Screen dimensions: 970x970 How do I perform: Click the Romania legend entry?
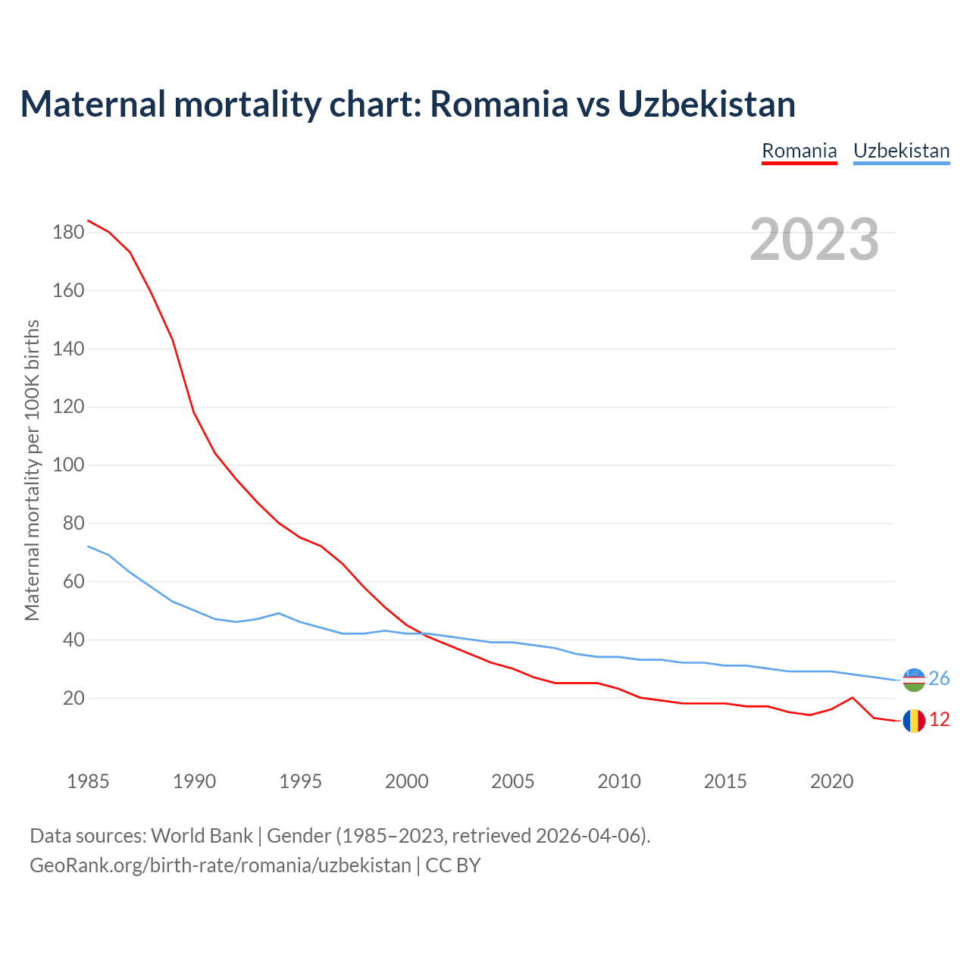[799, 151]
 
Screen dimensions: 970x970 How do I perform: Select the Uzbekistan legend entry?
[901, 151]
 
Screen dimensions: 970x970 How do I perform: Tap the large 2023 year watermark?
[815, 239]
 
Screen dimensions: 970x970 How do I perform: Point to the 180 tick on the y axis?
[68, 233]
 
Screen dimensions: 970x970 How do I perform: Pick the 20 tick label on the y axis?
[74, 698]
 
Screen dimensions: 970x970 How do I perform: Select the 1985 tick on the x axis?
[88, 781]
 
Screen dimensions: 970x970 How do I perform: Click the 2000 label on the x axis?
[407, 781]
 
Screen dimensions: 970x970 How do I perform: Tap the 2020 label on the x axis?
[831, 781]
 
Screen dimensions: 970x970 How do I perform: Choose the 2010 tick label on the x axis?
[619, 781]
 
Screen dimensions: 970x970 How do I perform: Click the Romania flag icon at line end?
[914, 721]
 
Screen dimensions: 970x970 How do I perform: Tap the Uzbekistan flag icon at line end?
[914, 680]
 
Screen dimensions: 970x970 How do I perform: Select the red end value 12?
[939, 720]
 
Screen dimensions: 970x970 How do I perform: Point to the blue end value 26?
[939, 679]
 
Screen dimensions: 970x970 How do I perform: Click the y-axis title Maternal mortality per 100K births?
[32, 470]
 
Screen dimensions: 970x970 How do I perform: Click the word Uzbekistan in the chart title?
[706, 104]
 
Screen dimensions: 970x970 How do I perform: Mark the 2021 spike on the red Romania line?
[853, 697]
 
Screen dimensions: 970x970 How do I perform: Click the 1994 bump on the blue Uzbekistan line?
[279, 613]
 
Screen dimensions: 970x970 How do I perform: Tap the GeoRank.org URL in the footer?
[220, 865]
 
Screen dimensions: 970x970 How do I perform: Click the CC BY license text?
[453, 865]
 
